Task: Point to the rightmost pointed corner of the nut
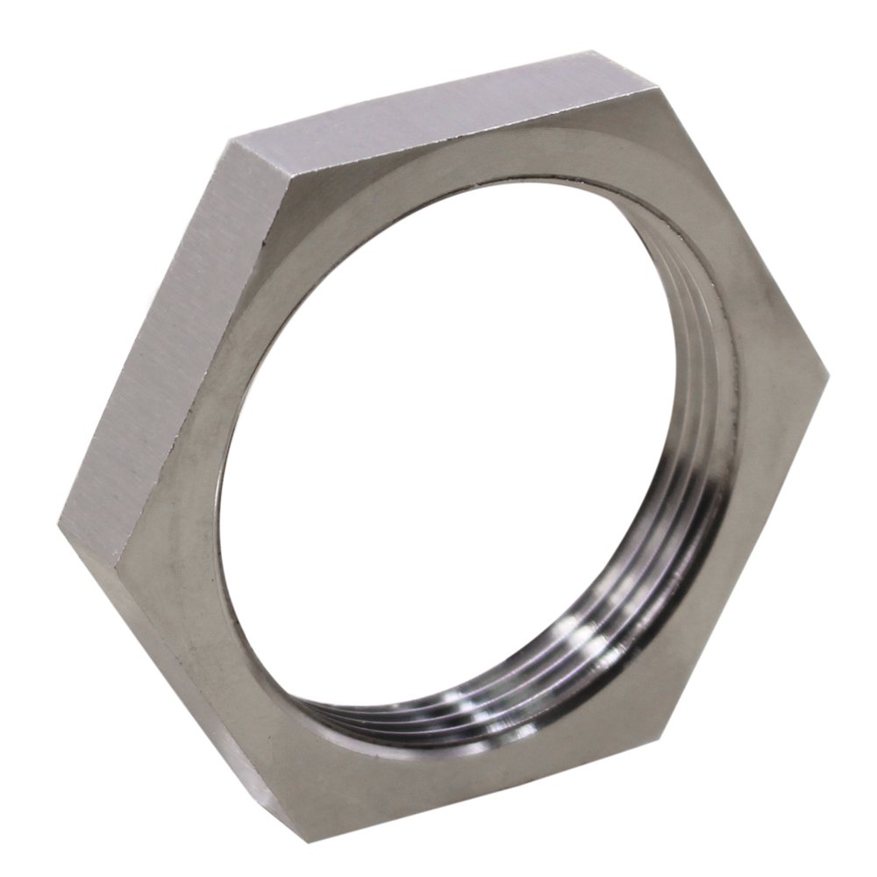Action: click(x=828, y=375)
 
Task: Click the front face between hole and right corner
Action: click(x=772, y=386)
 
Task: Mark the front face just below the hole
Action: click(x=395, y=772)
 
